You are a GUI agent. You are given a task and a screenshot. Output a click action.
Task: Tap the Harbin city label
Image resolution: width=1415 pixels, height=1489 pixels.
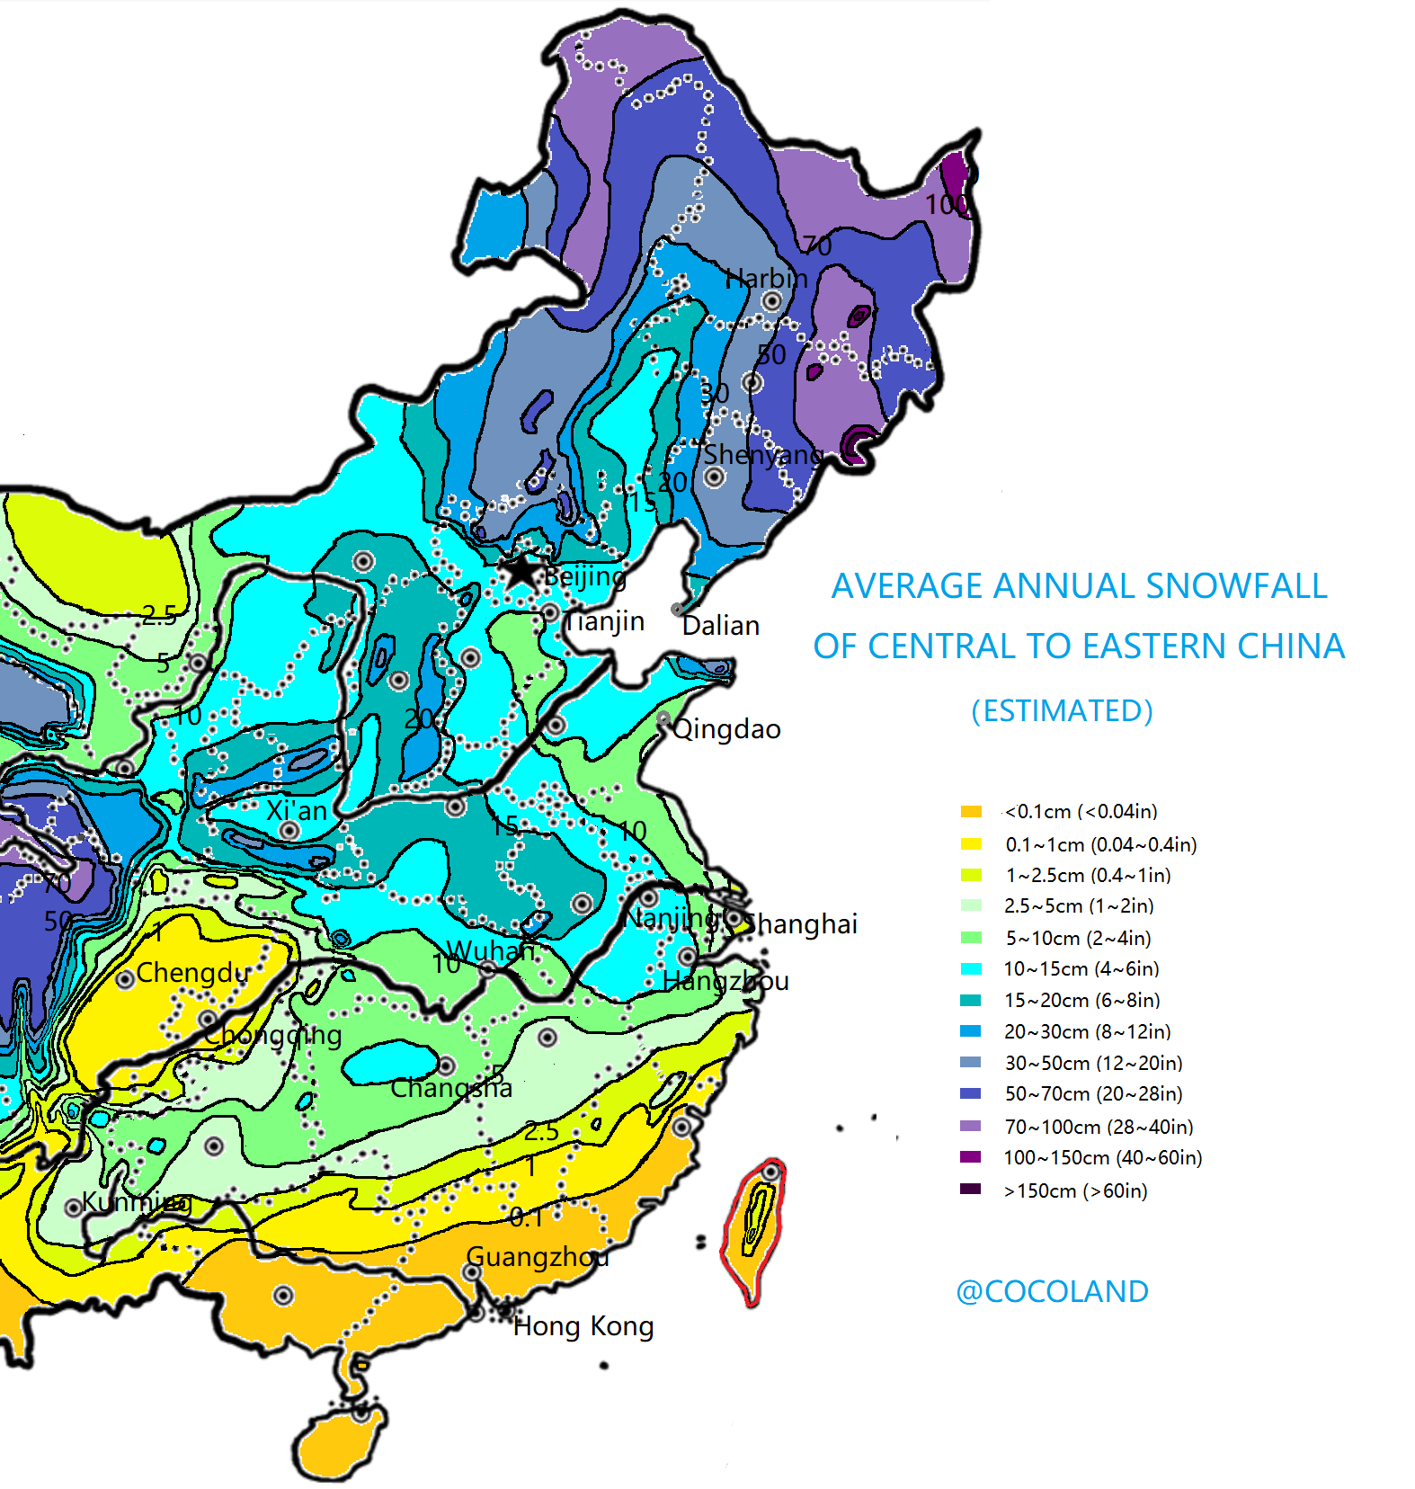point(766,278)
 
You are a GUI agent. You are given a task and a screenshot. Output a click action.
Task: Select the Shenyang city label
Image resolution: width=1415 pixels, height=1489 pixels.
point(762,454)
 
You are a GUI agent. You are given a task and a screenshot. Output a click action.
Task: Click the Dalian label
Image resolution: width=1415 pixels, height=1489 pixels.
point(721,625)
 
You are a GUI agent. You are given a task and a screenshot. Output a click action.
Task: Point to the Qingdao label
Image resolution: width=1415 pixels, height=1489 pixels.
point(726,728)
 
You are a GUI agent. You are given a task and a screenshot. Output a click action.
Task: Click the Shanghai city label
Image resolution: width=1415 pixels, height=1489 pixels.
point(801,923)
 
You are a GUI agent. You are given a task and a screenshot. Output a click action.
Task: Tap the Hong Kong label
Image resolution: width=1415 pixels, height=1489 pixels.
point(583,1326)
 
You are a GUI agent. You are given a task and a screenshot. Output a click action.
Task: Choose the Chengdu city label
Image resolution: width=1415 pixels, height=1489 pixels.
point(192,972)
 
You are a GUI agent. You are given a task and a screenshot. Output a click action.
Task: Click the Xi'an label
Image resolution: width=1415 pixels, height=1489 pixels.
point(297,810)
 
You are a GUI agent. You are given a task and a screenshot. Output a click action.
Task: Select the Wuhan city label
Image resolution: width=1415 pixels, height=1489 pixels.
point(490,950)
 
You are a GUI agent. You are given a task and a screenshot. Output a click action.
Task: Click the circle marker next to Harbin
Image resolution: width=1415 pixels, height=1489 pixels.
point(771,301)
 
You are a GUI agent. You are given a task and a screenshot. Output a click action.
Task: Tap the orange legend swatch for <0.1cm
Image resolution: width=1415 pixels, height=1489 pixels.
point(971,811)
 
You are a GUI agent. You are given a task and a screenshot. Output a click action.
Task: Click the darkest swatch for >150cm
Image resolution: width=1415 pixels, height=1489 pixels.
point(971,1190)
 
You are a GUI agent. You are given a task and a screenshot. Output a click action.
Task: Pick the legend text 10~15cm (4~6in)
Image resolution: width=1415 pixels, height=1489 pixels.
point(1081,968)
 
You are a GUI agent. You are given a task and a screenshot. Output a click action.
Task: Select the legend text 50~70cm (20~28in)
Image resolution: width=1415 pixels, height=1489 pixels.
point(1093,1093)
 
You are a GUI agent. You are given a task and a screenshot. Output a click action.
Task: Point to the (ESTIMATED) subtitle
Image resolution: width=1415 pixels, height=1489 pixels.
point(1062,710)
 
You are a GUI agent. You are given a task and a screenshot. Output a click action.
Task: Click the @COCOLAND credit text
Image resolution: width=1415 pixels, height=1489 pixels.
point(1052,1291)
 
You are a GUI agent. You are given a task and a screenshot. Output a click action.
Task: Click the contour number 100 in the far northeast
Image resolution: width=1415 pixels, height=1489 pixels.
point(947,204)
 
